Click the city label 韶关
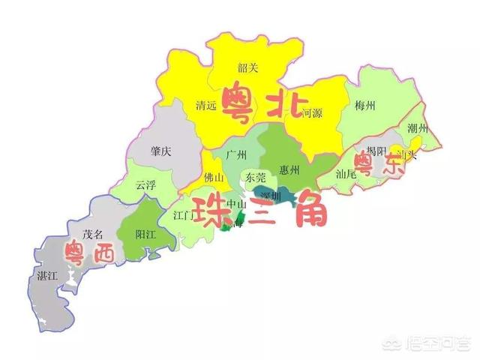click(247, 68)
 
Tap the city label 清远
click(205, 106)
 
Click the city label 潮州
click(417, 129)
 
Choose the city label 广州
click(236, 154)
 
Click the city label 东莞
click(255, 178)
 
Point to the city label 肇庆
click(160, 151)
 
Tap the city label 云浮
click(145, 184)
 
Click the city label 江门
click(184, 216)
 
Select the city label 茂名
click(92, 234)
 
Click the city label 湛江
click(46, 276)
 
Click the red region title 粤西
click(89, 253)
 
